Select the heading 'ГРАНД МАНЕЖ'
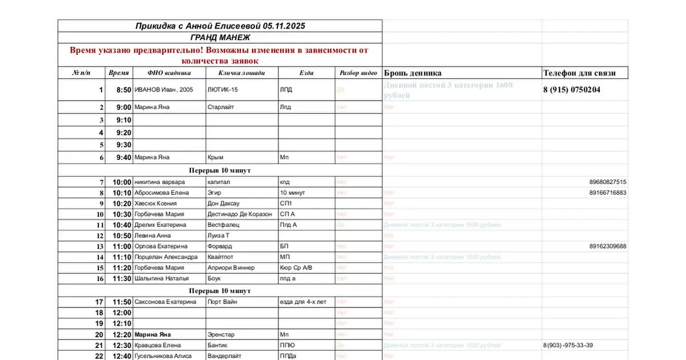[x=220, y=38]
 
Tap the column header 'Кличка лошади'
[x=241, y=73]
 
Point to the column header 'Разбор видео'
[x=358, y=73]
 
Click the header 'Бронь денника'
[x=413, y=73]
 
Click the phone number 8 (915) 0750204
[x=572, y=90]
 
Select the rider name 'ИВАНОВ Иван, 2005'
[x=163, y=90]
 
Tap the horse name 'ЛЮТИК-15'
[x=223, y=90]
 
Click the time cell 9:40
[x=123, y=158]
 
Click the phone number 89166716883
[x=608, y=193]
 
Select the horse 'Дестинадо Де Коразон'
[x=240, y=214]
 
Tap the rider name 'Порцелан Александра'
[x=166, y=257]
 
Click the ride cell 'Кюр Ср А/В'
[x=296, y=268]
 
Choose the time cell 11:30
[x=122, y=279]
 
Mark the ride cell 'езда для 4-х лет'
[x=303, y=302]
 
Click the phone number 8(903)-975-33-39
[x=568, y=345]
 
